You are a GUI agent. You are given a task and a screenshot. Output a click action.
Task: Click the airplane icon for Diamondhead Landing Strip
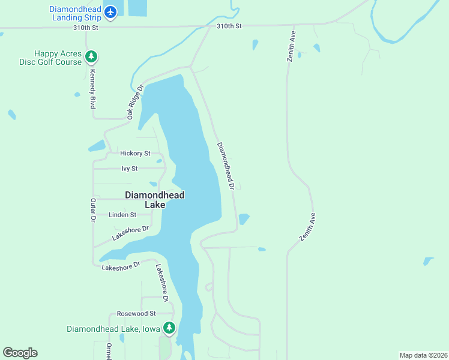coord(110,11)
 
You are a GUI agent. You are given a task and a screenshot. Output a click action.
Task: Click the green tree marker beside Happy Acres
coord(91,57)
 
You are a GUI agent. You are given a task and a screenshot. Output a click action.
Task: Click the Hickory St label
coord(135,154)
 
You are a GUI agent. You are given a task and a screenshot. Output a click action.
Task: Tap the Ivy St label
coord(130,169)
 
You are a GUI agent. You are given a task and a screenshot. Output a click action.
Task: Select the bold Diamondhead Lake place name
coord(154,200)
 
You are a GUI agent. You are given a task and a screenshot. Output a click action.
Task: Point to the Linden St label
coord(122,214)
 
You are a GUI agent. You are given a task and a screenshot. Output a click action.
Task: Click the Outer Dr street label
coord(93,211)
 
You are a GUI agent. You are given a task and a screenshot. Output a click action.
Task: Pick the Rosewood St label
coord(136,313)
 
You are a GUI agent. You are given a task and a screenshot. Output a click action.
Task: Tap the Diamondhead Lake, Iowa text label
coord(113,329)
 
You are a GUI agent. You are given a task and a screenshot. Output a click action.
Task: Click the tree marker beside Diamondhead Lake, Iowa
coord(170,328)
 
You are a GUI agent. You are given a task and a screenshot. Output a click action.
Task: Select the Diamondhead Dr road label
coord(225,166)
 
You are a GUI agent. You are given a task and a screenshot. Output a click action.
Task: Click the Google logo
coord(20,353)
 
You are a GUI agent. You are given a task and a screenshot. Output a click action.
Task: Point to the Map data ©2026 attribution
coord(423,355)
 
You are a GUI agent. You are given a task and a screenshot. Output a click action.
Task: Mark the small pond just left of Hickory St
coord(97,146)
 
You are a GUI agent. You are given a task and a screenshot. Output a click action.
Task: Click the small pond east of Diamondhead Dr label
coord(244,219)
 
